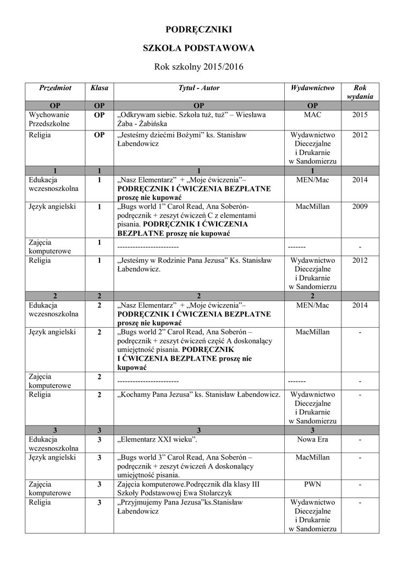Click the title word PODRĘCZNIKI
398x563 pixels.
click(x=198, y=29)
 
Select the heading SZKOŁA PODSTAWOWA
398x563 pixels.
click(x=198, y=48)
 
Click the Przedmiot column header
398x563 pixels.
click(x=55, y=88)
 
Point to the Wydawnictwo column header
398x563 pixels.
click(x=312, y=88)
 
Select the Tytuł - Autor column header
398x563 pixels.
click(x=198, y=88)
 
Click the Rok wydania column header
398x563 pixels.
click(x=360, y=92)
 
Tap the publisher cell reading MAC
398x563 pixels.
click(x=312, y=115)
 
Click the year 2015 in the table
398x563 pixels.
click(x=360, y=115)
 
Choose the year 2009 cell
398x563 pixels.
click(x=360, y=207)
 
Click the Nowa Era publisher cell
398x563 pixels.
click(x=312, y=440)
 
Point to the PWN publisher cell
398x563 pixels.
click(x=312, y=484)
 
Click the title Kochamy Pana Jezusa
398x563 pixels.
click(x=198, y=395)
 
